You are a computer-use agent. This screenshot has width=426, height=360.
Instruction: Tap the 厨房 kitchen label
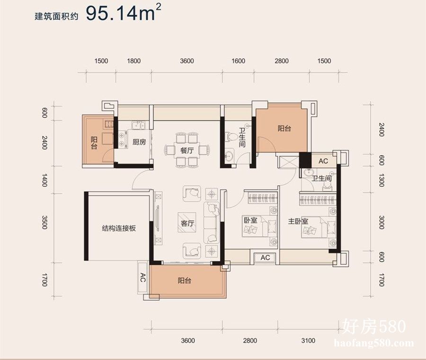point(139,142)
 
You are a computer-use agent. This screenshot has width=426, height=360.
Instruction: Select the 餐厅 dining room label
point(187,150)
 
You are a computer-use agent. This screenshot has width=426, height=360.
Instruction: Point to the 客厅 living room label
point(187,224)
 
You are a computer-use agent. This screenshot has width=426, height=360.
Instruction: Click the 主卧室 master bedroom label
point(298,221)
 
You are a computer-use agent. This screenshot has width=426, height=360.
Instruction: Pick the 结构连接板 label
point(119,228)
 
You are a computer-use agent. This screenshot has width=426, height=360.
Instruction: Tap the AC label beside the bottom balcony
point(142,278)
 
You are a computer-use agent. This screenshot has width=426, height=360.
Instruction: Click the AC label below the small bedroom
point(265,258)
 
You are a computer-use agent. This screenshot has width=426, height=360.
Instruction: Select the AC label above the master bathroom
point(323,161)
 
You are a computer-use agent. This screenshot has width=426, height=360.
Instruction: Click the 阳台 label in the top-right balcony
point(284,128)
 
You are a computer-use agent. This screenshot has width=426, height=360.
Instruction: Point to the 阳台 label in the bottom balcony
point(185,280)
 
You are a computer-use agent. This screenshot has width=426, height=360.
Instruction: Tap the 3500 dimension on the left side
point(44,223)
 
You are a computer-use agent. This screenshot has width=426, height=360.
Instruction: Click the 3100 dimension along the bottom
point(308,341)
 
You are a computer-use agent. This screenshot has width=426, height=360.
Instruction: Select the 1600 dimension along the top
point(238,61)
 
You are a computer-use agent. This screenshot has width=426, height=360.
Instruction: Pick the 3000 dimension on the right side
point(382,223)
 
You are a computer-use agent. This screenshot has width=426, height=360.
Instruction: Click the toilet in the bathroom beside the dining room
point(230,135)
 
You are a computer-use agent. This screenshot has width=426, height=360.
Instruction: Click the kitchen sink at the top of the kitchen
point(139,126)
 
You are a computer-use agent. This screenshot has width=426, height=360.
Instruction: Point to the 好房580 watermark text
point(374,326)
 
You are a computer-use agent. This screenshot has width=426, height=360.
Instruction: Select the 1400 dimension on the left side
point(44,180)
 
